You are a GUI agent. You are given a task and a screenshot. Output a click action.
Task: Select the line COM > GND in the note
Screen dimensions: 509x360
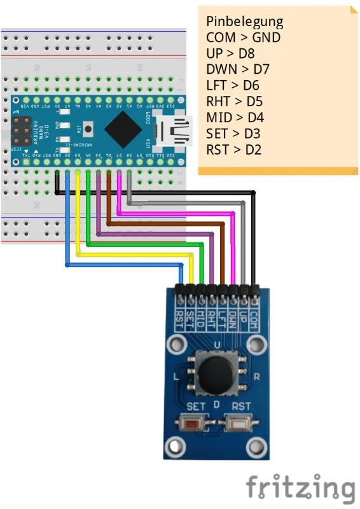tap(243, 38)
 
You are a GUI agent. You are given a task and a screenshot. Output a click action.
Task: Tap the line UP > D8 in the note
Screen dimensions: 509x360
tap(230, 53)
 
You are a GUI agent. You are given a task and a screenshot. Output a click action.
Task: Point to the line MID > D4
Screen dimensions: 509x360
tap(235, 118)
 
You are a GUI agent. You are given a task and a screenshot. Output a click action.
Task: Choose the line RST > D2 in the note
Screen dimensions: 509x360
tap(233, 150)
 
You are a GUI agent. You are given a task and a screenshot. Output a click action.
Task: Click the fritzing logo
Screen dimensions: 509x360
tap(300, 488)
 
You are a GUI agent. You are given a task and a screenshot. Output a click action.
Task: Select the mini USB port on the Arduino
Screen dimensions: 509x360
tap(176, 130)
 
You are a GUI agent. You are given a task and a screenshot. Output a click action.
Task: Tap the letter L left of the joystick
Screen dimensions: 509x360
tap(174, 377)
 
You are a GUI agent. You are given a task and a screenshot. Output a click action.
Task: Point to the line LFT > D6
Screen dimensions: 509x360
tap(233, 86)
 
